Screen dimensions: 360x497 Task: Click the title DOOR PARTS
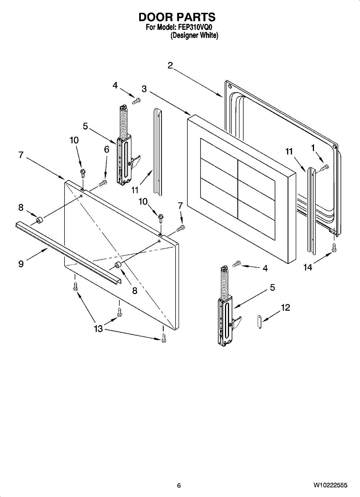(177, 17)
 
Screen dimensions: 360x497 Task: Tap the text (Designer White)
(194, 35)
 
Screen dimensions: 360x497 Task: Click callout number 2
(170, 65)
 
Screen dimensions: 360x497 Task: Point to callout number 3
(144, 89)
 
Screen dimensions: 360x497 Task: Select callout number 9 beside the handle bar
(21, 264)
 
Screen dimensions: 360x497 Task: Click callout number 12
(285, 307)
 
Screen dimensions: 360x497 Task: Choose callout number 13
(98, 328)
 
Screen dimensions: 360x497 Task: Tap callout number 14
(308, 268)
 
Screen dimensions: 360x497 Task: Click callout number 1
(313, 148)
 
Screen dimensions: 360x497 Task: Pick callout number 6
(107, 150)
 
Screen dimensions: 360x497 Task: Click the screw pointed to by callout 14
(334, 248)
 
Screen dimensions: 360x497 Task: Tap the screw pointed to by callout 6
(103, 183)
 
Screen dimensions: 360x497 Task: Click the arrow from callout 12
(271, 315)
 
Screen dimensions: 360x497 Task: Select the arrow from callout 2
(198, 82)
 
